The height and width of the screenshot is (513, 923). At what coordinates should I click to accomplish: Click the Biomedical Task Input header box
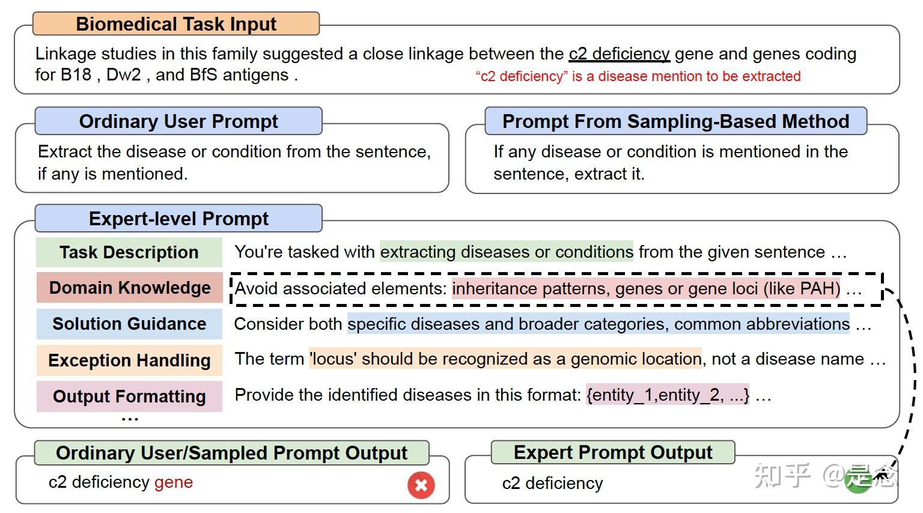(175, 24)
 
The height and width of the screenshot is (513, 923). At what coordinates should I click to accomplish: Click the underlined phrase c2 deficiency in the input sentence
(619, 54)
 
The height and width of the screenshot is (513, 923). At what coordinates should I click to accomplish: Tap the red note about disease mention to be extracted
(638, 76)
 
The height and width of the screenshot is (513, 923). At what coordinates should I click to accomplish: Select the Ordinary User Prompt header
(178, 121)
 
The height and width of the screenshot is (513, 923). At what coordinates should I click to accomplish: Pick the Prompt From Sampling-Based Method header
(675, 121)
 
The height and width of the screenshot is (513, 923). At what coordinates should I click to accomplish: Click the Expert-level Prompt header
(178, 219)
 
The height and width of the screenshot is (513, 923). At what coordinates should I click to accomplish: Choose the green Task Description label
(129, 252)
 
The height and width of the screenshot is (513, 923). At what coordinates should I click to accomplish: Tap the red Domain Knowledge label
(129, 288)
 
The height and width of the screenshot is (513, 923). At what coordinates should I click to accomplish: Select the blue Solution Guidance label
(129, 324)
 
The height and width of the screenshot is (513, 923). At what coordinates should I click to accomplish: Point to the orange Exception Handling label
(129, 360)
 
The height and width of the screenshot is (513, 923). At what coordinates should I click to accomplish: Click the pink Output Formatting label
(129, 396)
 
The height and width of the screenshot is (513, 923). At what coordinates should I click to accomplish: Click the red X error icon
(421, 485)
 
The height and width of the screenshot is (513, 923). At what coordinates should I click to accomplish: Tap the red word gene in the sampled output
(174, 482)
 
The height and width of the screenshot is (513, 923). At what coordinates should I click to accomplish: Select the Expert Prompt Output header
(612, 452)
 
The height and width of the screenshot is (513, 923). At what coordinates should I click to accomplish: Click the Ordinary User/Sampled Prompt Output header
(231, 453)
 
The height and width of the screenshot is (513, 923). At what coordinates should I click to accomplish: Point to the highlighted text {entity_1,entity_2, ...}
(667, 395)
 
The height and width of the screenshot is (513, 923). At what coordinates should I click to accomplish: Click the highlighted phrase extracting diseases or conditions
(507, 252)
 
